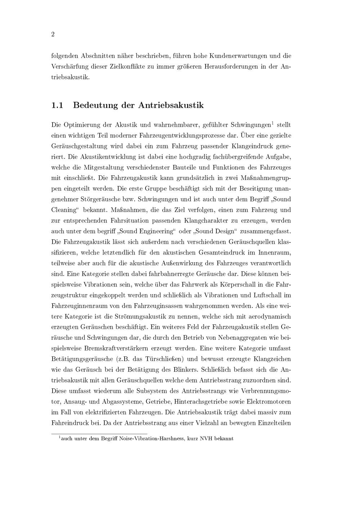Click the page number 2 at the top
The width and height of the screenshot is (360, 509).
coord(53,35)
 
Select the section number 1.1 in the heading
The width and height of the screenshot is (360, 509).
coord(57,105)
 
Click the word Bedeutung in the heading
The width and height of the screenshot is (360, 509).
coord(94,105)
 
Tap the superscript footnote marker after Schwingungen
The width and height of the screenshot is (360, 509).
coord(273,123)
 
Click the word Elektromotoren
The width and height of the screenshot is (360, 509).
coord(269,402)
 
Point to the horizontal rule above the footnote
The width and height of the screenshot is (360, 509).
coord(99,434)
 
